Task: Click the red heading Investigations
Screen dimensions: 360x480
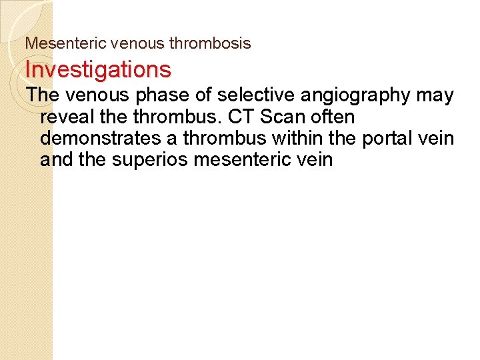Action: click(x=98, y=69)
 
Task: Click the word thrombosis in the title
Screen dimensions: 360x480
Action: click(x=209, y=44)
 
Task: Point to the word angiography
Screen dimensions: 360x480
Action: click(x=356, y=95)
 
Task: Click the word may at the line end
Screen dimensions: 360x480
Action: click(x=435, y=95)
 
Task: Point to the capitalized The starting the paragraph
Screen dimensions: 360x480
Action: click(x=43, y=95)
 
